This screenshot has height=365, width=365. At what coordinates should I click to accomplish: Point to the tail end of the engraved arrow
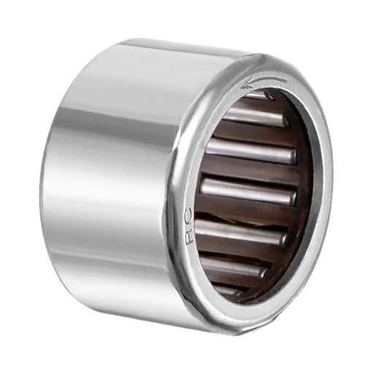point(286,79)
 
